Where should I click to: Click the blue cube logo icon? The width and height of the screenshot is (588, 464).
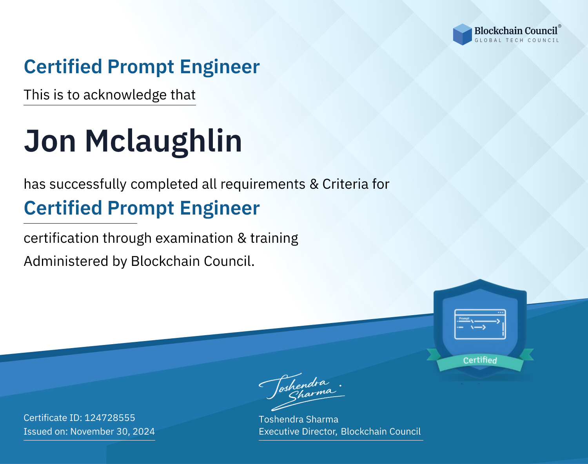click(x=462, y=34)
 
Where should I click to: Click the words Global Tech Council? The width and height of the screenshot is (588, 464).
click(x=517, y=40)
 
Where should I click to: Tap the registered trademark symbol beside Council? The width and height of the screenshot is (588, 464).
click(x=560, y=26)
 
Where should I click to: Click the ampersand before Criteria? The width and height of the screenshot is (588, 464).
click(x=314, y=184)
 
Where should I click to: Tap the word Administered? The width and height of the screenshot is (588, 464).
click(x=66, y=261)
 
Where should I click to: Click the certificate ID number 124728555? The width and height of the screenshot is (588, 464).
click(x=110, y=417)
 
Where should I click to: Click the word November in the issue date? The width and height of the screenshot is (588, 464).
click(x=92, y=431)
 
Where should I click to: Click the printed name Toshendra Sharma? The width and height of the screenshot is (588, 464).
click(x=298, y=419)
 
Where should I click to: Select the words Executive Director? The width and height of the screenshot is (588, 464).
click(x=298, y=432)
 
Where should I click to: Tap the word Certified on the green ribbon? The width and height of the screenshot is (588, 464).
click(x=480, y=360)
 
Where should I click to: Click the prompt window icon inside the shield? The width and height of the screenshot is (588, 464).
click(x=480, y=324)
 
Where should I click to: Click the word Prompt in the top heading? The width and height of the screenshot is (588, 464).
click(x=141, y=67)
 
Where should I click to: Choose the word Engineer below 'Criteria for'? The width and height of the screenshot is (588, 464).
click(x=220, y=208)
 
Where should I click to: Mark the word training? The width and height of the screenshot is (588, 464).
click(x=274, y=238)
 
